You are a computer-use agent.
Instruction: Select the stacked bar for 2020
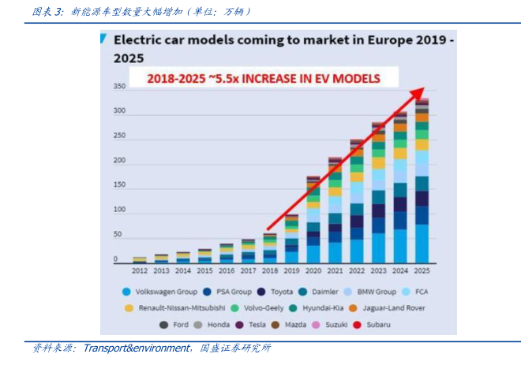click(x=313, y=221)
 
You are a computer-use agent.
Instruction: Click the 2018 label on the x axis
click(x=270, y=270)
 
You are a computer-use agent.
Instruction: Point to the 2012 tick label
click(x=140, y=270)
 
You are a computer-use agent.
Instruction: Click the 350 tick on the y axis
click(x=119, y=87)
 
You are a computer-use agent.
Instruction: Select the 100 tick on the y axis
click(x=119, y=210)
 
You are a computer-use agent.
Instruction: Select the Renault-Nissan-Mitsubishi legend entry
click(x=175, y=307)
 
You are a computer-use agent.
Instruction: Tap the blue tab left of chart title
click(x=105, y=38)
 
